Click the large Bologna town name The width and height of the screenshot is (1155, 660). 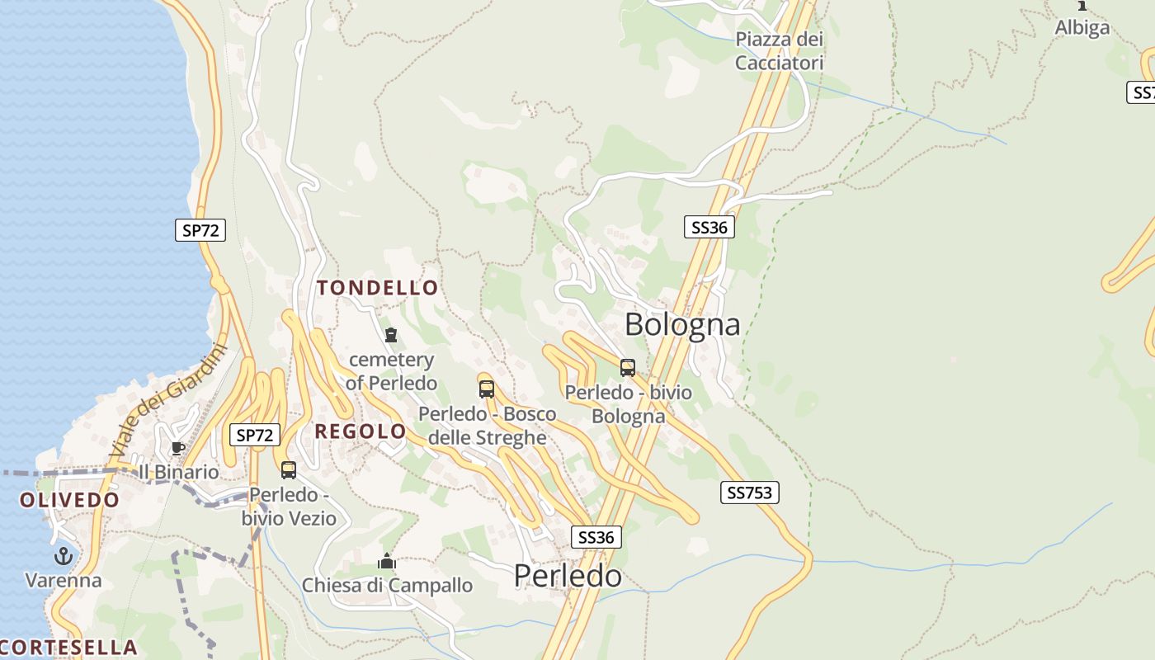(x=681, y=324)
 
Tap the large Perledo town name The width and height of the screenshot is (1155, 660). (x=568, y=576)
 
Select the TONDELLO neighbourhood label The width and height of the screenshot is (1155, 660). (x=378, y=288)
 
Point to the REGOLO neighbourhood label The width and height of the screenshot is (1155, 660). (x=361, y=431)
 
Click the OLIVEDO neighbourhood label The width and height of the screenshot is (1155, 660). (x=70, y=500)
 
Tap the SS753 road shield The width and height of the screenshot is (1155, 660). (x=749, y=493)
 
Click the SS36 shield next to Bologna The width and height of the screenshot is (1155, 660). (x=709, y=227)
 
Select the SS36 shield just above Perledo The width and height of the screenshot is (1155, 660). (x=596, y=537)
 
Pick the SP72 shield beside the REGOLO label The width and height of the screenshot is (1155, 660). (x=254, y=435)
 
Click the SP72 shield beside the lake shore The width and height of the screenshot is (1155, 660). (x=200, y=230)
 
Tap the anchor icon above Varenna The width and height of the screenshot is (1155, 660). (x=64, y=556)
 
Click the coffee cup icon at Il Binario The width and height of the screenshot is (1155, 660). (x=177, y=448)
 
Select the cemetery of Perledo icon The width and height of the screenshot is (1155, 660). (x=391, y=335)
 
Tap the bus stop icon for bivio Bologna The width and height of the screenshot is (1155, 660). (x=628, y=368)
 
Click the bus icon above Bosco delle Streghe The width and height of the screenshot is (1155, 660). (x=487, y=389)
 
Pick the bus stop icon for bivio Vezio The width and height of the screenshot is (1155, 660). (x=288, y=470)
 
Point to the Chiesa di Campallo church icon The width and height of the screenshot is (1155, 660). (x=386, y=562)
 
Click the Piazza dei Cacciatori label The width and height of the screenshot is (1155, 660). (x=779, y=51)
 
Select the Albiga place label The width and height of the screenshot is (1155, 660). (x=1082, y=27)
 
